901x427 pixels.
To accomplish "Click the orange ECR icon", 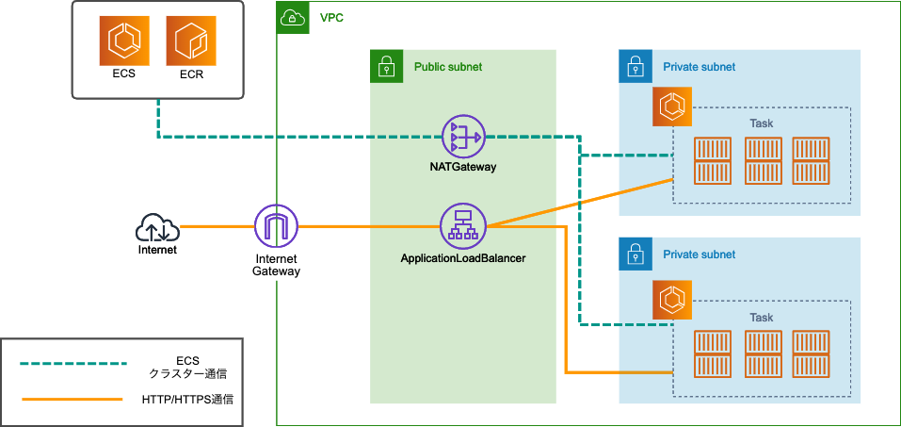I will click(x=191, y=41).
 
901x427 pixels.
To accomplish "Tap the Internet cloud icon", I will click(x=157, y=227).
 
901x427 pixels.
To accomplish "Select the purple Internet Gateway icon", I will click(x=276, y=226).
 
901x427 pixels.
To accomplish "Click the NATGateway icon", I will click(x=462, y=137).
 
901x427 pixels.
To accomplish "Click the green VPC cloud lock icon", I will click(x=293, y=17).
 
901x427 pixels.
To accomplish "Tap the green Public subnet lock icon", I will click(x=385, y=66).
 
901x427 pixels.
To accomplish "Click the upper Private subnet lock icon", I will click(x=636, y=66).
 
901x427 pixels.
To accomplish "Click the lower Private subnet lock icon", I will click(x=636, y=254).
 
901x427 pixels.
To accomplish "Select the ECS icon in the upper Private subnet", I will click(x=672, y=107).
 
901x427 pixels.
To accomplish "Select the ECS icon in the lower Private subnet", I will click(x=672, y=300).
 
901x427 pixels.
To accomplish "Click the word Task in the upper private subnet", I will click(x=761, y=123).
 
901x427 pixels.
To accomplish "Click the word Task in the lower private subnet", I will click(x=761, y=318).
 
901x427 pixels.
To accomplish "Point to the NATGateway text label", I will click(x=462, y=167).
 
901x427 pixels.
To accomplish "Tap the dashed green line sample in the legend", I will click(x=73, y=363).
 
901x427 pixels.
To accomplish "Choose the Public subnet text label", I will click(x=448, y=67).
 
